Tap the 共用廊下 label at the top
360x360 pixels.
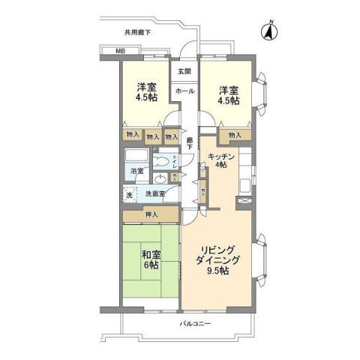[137, 32]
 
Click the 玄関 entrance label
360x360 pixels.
[184, 71]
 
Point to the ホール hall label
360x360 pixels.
[184, 91]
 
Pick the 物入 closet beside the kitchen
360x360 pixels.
[234, 135]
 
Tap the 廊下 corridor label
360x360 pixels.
[190, 143]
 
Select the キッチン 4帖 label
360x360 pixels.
[223, 159]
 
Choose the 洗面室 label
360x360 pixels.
[155, 193]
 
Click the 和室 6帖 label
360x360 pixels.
[151, 259]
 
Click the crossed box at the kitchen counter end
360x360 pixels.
[243, 200]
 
